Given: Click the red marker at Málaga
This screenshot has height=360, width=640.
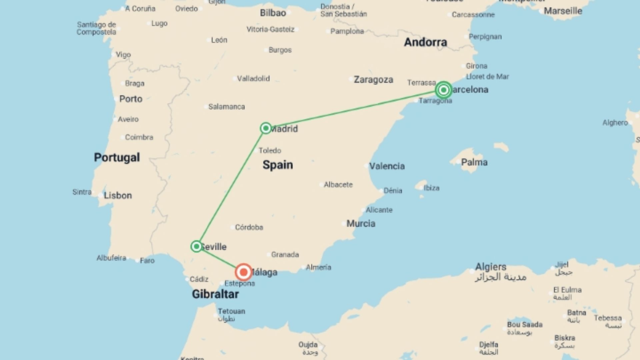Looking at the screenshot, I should pyautogui.click(x=244, y=272).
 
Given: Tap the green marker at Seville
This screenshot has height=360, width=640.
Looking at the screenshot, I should pyautogui.click(x=196, y=246).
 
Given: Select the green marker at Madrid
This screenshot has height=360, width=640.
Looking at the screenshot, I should pyautogui.click(x=266, y=128).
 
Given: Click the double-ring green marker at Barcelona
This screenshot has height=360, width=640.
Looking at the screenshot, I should pyautogui.click(x=443, y=90).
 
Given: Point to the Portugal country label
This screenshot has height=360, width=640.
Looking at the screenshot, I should pyautogui.click(x=117, y=157).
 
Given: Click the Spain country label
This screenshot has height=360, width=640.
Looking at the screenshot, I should pyautogui.click(x=278, y=165).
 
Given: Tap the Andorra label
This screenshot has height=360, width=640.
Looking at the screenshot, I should pyautogui.click(x=425, y=42).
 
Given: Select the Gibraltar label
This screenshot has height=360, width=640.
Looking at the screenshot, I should pyautogui.click(x=215, y=294).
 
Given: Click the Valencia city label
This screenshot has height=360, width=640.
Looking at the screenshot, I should pyautogui.click(x=387, y=166).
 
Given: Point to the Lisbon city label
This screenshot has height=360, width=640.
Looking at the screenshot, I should pyautogui.click(x=118, y=195).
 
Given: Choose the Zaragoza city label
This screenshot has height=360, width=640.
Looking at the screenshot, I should pyautogui.click(x=373, y=80).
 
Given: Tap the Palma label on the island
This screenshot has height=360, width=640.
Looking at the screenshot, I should pyautogui.click(x=474, y=162).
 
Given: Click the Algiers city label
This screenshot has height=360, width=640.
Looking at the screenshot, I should pyautogui.click(x=491, y=267).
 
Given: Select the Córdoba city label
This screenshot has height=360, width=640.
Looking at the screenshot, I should pyautogui.click(x=249, y=227).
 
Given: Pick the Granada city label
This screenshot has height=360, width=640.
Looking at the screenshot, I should pyautogui.click(x=285, y=255).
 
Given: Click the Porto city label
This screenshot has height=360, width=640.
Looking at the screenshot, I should pyautogui.click(x=131, y=99).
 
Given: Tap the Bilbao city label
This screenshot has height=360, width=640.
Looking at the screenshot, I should pyautogui.click(x=273, y=13).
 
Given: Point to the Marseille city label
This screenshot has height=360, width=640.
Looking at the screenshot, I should pyautogui.click(x=563, y=11).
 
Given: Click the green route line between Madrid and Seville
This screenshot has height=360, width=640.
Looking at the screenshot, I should pyautogui.click(x=231, y=187).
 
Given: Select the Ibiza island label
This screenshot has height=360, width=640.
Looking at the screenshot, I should pyautogui.click(x=431, y=188).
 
